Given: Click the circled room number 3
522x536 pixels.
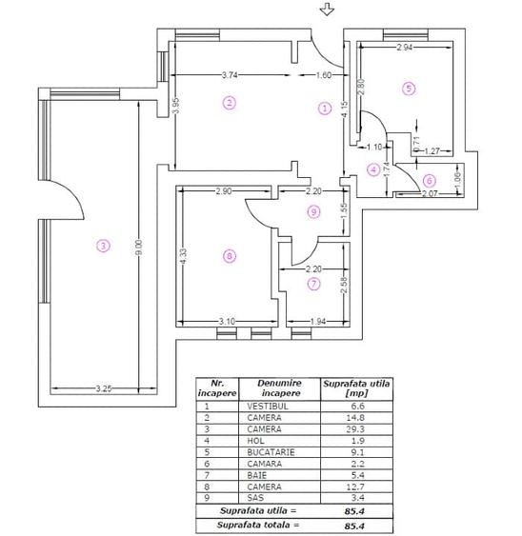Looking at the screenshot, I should [x=103, y=246].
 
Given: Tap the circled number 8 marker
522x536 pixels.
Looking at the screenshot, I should [x=227, y=255].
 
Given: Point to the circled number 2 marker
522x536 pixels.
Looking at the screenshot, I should [x=228, y=102].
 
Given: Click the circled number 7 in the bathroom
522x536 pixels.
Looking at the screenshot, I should [x=314, y=283].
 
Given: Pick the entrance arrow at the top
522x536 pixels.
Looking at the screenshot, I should [x=327, y=10].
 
